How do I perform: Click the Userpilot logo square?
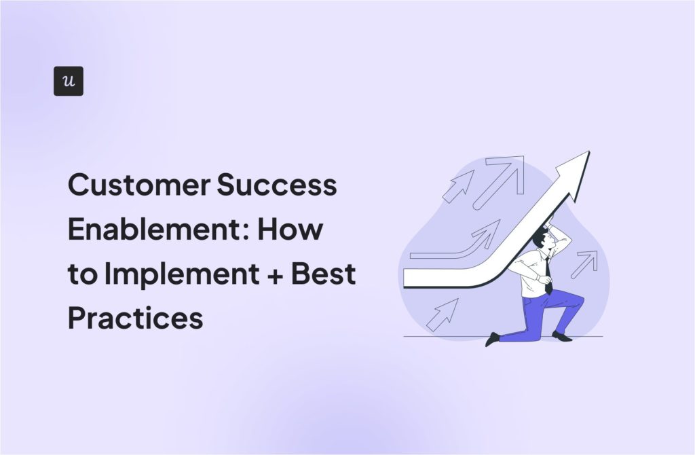click(x=68, y=81)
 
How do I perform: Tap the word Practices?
click(x=135, y=317)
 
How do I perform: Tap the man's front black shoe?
click(x=493, y=339)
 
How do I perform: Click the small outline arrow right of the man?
click(x=584, y=264)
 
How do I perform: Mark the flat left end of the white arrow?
click(x=407, y=278)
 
